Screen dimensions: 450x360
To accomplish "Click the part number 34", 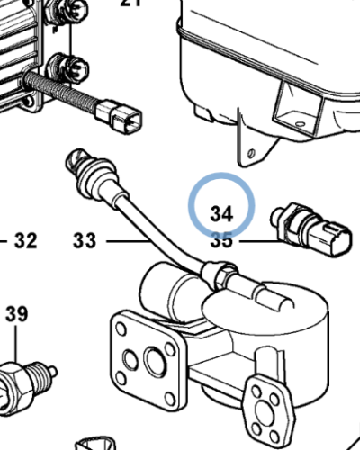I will pyautogui.click(x=221, y=213).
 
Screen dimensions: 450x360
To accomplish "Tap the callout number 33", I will pyautogui.click(x=85, y=241).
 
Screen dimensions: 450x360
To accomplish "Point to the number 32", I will pyautogui.click(x=26, y=241).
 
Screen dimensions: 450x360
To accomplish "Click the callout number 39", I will pyautogui.click(x=16, y=314).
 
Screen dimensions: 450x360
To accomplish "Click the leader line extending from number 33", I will pyautogui.click(x=126, y=241).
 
